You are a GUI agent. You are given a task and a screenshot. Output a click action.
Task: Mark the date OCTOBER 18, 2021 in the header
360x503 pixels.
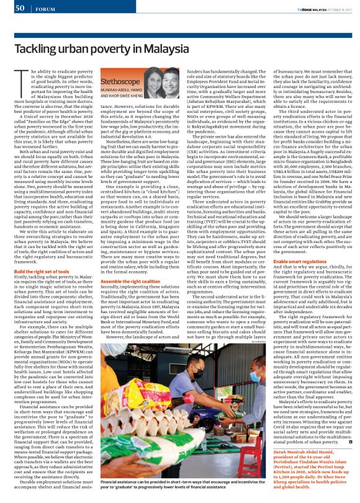[339, 8]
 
